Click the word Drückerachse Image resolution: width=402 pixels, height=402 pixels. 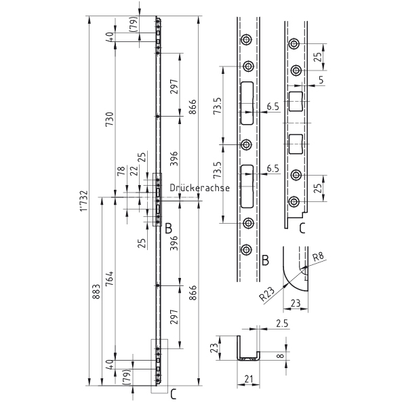200,188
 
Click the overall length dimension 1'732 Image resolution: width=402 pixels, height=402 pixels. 84,201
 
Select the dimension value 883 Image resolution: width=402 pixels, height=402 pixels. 96,292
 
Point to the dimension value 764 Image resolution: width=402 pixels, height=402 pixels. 109,279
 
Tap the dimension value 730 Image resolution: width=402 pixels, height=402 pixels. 109,119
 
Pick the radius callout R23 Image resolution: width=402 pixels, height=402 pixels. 267,294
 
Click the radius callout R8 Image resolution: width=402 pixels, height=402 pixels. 318,257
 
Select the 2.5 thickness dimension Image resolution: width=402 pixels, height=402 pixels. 282,323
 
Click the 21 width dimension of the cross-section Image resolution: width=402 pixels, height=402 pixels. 248,379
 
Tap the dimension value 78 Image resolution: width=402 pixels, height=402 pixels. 121,170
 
